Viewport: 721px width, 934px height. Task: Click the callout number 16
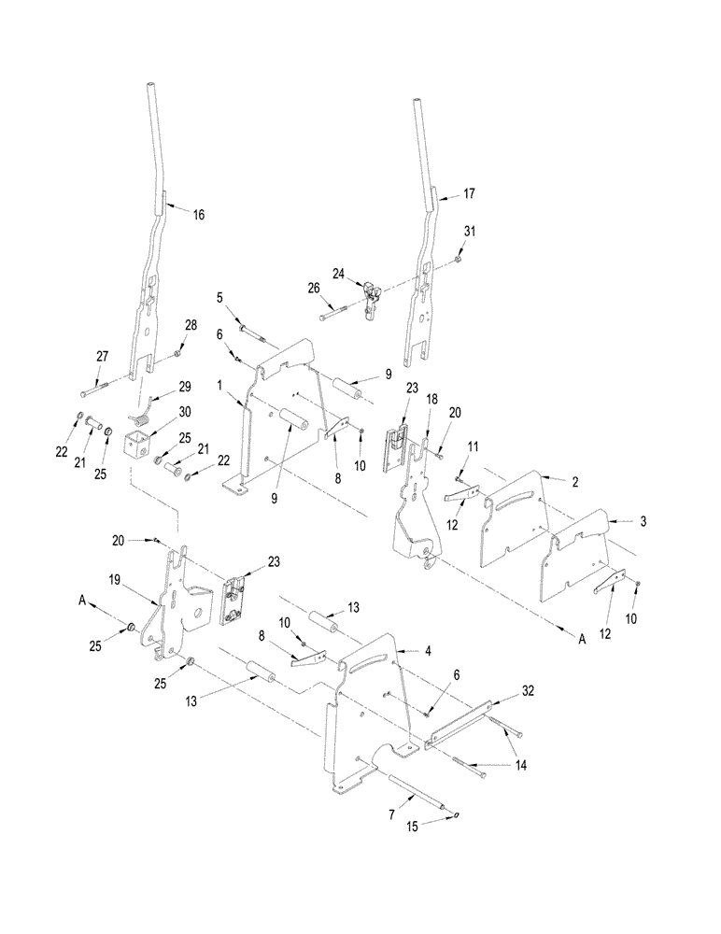198,215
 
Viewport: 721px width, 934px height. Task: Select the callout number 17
469,195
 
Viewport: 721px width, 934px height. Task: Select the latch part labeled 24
373,298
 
